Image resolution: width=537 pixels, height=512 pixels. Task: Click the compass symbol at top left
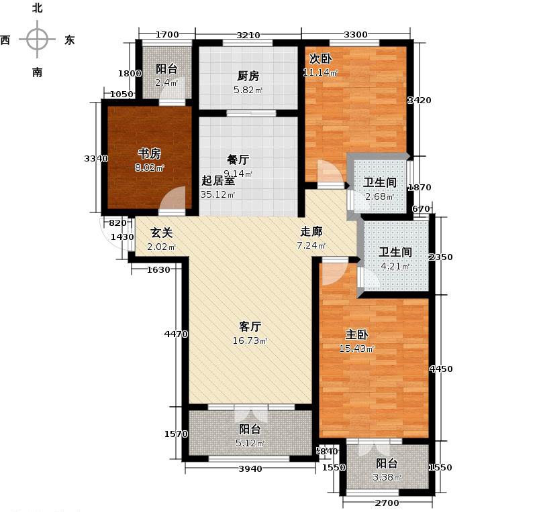click(x=36, y=40)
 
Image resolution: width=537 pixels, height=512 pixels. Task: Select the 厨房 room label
click(x=248, y=76)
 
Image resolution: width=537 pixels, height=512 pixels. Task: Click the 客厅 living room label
click(x=250, y=326)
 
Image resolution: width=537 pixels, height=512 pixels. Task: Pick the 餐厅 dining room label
click(x=238, y=159)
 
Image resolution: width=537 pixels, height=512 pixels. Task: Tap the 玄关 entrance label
click(x=161, y=233)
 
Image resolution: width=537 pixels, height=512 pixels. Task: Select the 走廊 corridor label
click(x=311, y=231)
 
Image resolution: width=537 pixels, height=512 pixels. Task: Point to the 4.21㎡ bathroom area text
click(x=397, y=267)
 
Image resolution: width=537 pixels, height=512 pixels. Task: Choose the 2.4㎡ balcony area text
click(x=166, y=82)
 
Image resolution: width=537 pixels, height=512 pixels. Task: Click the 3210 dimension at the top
click(x=248, y=35)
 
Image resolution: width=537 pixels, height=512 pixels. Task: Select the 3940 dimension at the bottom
click(x=250, y=468)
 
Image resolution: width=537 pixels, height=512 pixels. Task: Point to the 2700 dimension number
click(x=387, y=503)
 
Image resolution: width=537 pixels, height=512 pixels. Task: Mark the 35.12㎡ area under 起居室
click(x=217, y=195)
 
